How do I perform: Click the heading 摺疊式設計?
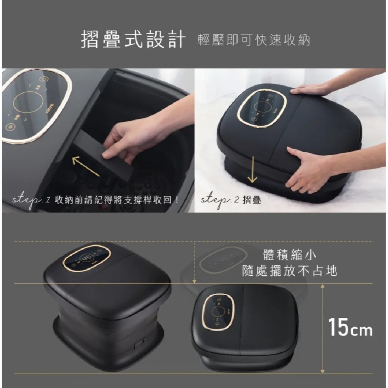(x=132, y=39)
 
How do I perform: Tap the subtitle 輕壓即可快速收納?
(x=254, y=40)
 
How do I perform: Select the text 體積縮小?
(x=289, y=255)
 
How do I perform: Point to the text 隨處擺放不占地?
(x=289, y=271)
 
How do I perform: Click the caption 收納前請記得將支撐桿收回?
(x=116, y=201)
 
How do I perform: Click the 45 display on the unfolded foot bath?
(x=87, y=258)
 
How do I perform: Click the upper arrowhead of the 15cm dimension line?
(x=322, y=286)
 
